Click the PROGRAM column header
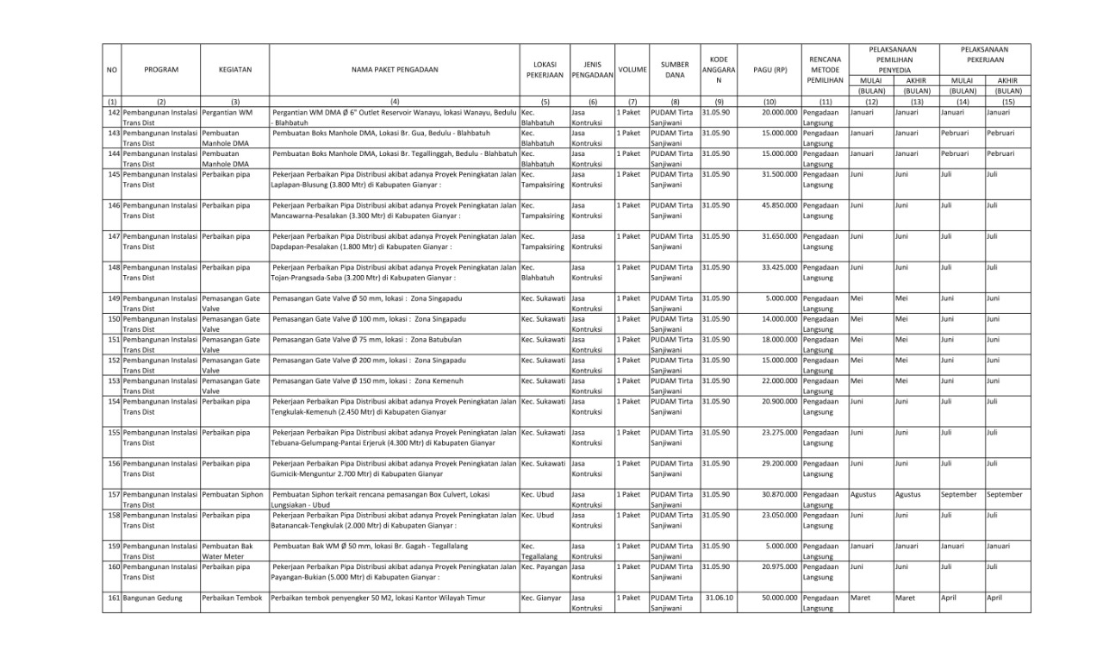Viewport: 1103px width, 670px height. tap(161, 69)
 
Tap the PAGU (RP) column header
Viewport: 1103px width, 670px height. tap(770, 69)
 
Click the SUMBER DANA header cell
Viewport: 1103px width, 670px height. tap(675, 69)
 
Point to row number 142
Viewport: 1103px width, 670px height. tap(113, 112)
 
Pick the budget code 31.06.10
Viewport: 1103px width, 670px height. tap(718, 597)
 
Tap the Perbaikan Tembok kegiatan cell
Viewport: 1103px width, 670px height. tap(234, 597)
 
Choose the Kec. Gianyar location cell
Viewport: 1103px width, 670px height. tap(541, 597)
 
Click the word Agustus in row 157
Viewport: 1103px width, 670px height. tap(863, 495)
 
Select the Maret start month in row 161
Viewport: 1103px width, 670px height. tap(860, 597)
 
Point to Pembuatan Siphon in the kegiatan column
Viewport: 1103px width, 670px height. tap(234, 495)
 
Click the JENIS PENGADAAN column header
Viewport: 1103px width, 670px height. tap(591, 69)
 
